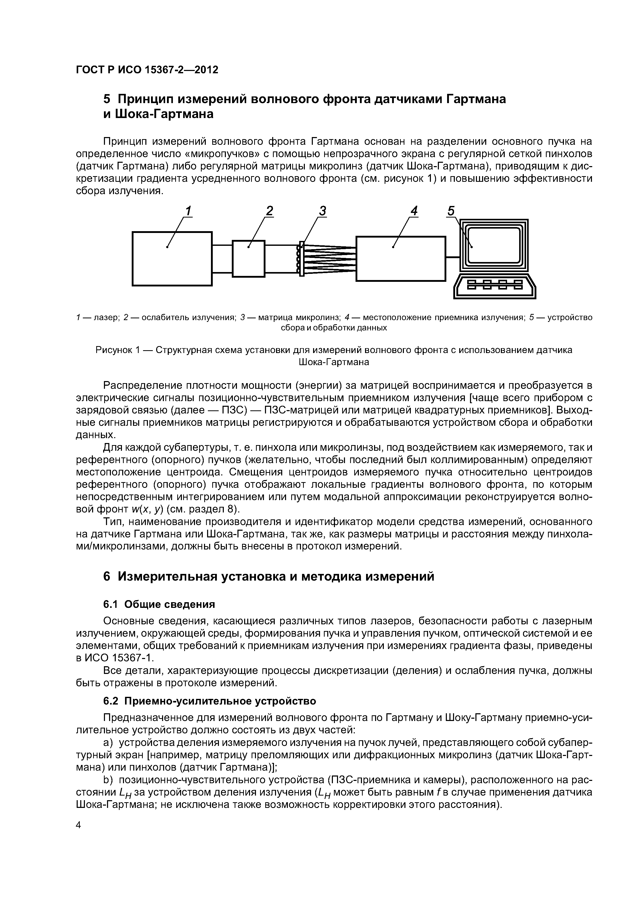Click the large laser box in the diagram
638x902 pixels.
click(172, 258)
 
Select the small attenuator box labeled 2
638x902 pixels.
click(249, 258)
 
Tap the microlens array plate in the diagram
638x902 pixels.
click(302, 258)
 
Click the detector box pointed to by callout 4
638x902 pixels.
click(400, 258)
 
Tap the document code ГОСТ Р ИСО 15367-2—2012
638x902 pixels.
click(147, 70)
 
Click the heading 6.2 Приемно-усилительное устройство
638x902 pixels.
click(209, 701)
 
